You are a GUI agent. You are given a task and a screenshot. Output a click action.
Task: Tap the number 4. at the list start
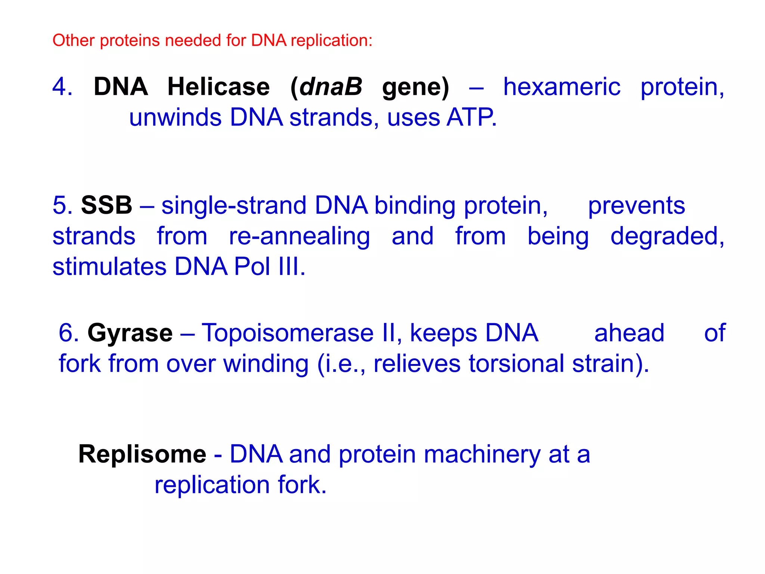click(62, 87)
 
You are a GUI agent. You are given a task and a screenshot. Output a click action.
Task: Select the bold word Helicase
click(219, 87)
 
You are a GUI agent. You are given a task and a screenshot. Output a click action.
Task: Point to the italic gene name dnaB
click(331, 87)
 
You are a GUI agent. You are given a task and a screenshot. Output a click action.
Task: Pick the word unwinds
click(175, 117)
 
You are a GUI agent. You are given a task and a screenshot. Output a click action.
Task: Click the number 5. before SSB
click(62, 205)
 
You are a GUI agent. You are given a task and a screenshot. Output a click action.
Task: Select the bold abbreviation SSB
click(106, 205)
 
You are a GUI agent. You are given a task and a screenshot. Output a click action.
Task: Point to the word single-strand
click(234, 206)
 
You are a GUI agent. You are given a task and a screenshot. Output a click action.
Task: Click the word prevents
click(636, 206)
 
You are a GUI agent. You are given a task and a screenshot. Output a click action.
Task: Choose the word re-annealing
click(299, 237)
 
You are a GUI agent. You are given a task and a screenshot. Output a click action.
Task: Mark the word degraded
click(667, 237)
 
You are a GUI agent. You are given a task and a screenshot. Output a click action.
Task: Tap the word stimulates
click(109, 266)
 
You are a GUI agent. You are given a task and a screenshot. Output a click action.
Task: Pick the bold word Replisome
click(142, 454)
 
